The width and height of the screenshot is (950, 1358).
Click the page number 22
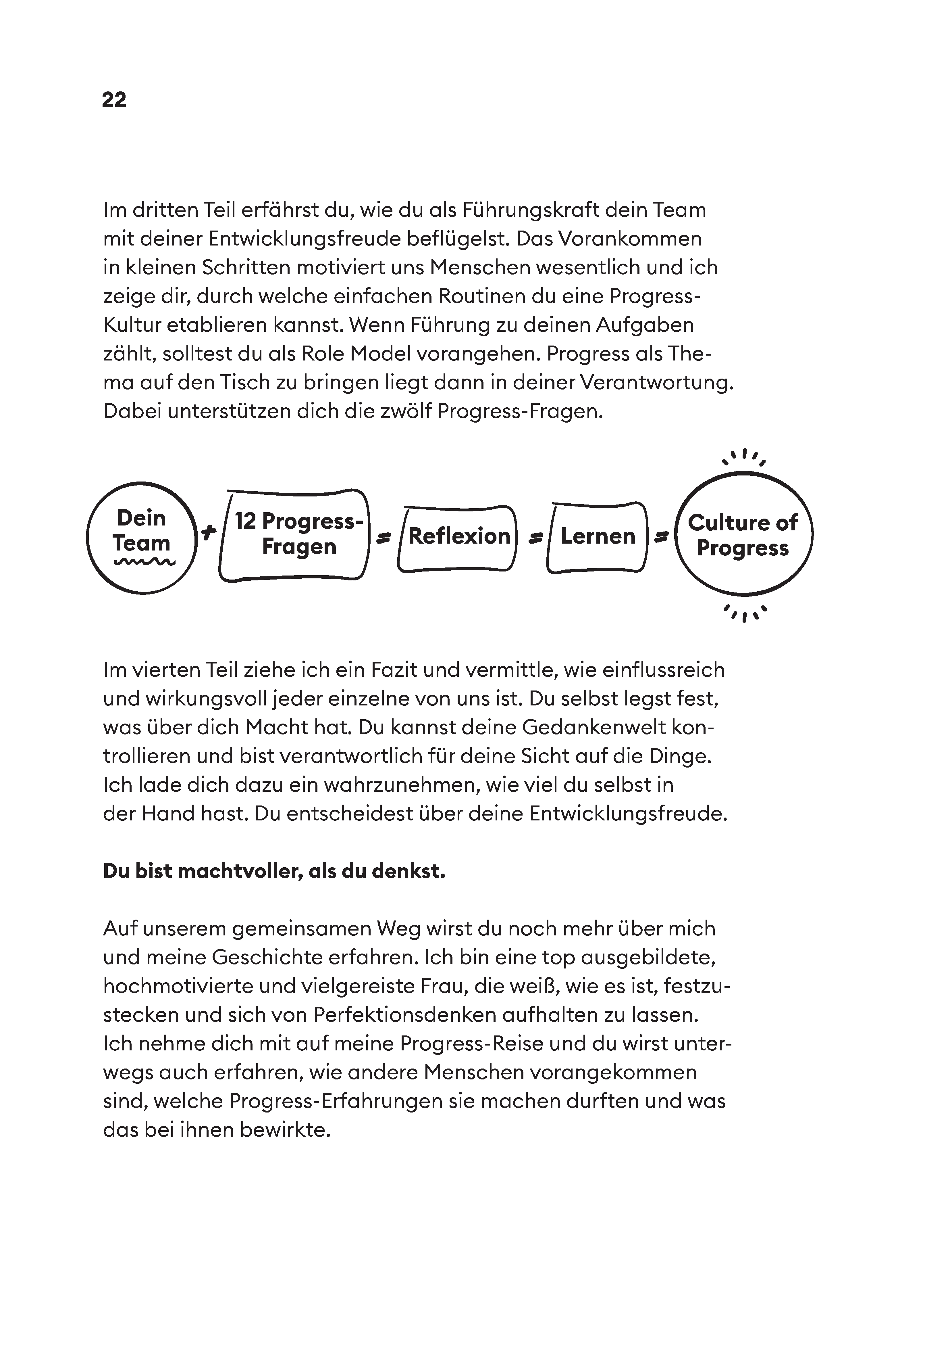tap(114, 99)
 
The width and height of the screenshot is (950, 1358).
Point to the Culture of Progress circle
tap(743, 534)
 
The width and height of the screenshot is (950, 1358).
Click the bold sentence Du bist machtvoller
tap(274, 872)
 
